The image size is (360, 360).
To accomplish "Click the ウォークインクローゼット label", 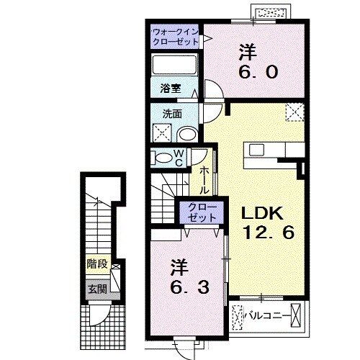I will pos(175,37).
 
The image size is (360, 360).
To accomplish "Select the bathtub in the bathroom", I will pos(175,68).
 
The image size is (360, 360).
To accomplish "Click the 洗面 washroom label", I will pos(171,113).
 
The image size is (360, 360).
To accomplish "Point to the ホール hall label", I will pos(204,180).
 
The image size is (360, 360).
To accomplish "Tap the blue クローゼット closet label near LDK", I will pos(197,212).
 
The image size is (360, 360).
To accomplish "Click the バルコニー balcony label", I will pos(270,315).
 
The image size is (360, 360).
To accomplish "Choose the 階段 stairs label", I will pos(95,264).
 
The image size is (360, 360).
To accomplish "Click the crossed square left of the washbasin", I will pos(162,133).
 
